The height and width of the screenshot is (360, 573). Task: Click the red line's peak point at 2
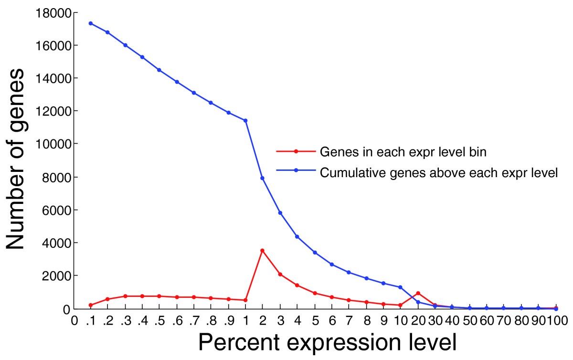pos(262,250)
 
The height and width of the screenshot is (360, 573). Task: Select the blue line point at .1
pos(91,23)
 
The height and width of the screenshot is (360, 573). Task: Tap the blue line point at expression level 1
pos(245,120)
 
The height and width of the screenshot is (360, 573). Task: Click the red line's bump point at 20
pos(418,293)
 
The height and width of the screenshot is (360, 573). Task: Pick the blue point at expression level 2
pos(262,178)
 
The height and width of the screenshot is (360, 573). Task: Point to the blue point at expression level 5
pos(315,252)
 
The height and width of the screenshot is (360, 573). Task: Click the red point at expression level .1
pos(91,305)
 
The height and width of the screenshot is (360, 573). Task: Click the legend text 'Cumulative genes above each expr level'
pos(439,172)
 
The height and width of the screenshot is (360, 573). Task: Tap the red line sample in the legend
pos(296,151)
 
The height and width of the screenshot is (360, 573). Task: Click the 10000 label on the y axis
pos(52,144)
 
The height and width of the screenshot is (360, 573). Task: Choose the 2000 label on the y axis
pos(56,276)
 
